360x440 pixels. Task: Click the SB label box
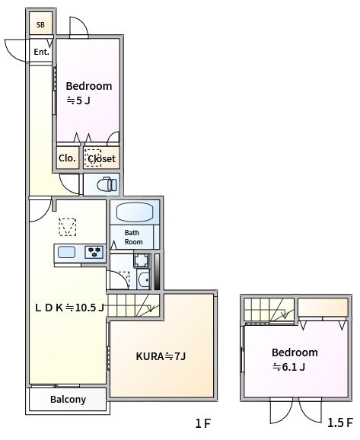[x=40, y=24]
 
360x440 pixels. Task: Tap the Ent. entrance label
[x=40, y=52]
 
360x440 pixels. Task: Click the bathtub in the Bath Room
[x=135, y=212]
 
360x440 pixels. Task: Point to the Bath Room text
[x=133, y=237]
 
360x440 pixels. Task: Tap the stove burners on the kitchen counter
[x=94, y=252]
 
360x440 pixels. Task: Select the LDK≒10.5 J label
[x=70, y=308]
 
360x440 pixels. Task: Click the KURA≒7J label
[x=161, y=356]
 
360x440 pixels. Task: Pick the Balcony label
[x=68, y=399]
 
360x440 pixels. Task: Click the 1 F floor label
[x=202, y=423]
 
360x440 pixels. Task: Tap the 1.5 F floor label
[x=339, y=423]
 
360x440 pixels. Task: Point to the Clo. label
[x=66, y=158]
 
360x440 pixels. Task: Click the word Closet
[x=101, y=158]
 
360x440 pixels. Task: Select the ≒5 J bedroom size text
[x=78, y=100]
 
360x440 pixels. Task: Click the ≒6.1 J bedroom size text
[x=289, y=367]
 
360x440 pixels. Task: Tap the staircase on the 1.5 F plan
[x=268, y=309]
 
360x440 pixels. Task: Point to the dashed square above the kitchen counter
[x=68, y=227]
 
